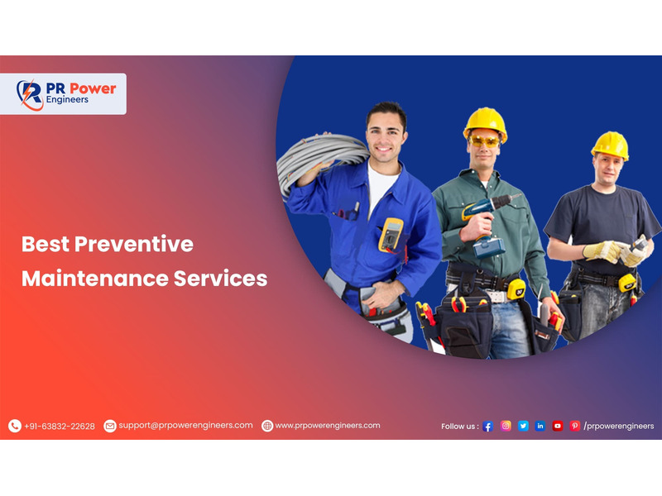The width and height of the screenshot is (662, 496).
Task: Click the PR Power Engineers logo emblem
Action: click(30, 94)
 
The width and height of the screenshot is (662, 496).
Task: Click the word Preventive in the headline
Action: click(134, 244)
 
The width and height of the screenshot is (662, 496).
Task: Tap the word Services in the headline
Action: click(220, 279)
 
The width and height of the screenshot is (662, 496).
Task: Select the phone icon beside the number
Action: click(15, 426)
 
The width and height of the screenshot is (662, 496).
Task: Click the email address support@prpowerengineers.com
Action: click(185, 425)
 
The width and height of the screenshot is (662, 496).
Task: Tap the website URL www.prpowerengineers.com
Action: click(328, 426)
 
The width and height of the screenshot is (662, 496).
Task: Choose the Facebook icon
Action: click(487, 426)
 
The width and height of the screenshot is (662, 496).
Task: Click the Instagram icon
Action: click(506, 426)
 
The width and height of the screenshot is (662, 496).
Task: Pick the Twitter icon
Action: click(523, 426)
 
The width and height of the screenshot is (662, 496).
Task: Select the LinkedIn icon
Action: click(540, 426)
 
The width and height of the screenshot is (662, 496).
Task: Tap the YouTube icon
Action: click(557, 426)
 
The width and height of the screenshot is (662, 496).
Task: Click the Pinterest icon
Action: click(574, 426)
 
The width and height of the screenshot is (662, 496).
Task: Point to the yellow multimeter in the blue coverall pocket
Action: click(391, 236)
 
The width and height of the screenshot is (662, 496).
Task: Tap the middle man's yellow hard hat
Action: click(486, 123)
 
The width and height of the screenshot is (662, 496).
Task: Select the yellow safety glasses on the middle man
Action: click(484, 141)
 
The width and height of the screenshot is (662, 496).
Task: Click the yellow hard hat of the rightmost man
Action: click(611, 145)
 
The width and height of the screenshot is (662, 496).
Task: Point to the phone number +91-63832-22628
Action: click(60, 427)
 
